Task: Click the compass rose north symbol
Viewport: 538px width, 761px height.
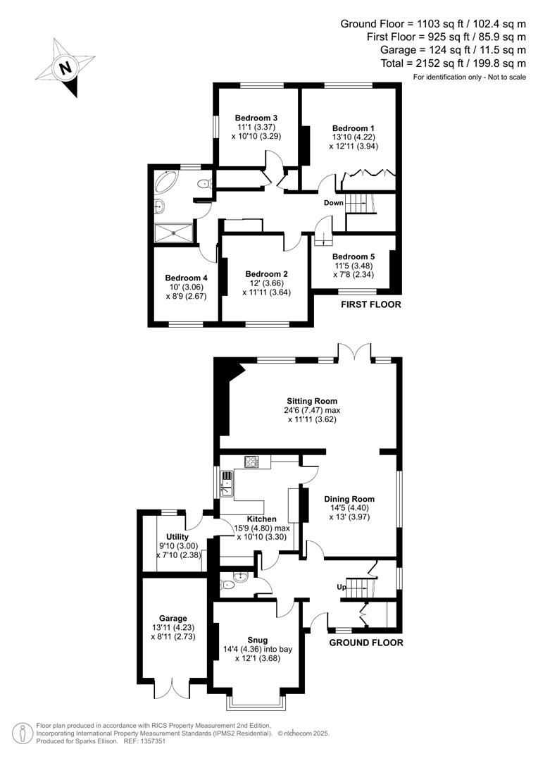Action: pos(65,68)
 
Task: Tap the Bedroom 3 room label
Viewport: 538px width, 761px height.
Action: pos(256,118)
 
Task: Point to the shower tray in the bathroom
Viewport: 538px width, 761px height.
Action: pos(173,233)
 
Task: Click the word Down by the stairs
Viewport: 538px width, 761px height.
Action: pos(333,203)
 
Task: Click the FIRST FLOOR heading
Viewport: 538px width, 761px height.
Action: pos(370,305)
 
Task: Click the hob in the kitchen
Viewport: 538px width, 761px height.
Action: pos(251,462)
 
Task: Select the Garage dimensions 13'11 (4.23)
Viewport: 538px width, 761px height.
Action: pos(173,627)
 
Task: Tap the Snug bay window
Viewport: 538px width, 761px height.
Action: pos(256,702)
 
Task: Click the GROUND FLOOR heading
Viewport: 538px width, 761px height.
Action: pos(366,643)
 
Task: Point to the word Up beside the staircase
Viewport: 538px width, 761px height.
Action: pos(340,586)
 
